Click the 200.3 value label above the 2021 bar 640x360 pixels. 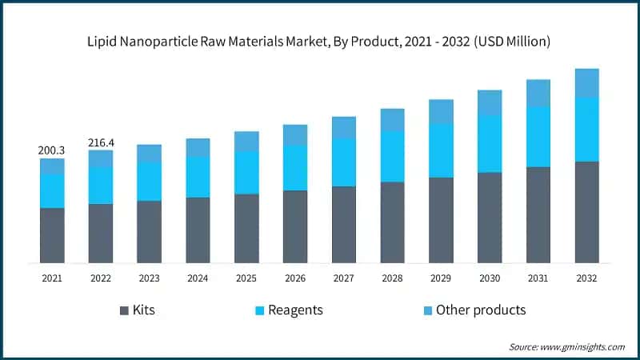point(52,150)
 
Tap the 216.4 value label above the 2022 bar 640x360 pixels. point(101,142)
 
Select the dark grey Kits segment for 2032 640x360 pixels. point(587,212)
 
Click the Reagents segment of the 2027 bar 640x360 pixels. point(344,162)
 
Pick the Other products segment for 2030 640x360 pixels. point(490,102)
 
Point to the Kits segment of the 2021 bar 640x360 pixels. point(52,235)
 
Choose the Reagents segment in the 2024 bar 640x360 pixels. point(198,177)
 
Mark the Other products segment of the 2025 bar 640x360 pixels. point(246,142)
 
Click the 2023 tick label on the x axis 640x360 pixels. point(149,278)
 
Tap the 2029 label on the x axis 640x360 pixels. point(441,278)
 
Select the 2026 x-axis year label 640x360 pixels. point(295,278)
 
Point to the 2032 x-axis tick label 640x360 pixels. point(587,278)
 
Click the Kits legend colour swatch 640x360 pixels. point(124,310)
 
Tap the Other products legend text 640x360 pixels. point(481,310)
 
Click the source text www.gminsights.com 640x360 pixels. point(583,346)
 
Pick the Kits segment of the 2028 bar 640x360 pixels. point(392,222)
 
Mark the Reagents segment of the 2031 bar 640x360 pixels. point(538,137)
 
